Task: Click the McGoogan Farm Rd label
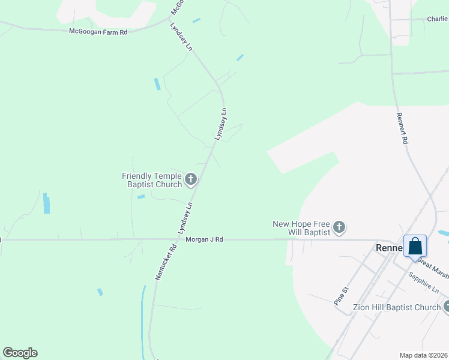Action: pos(98,31)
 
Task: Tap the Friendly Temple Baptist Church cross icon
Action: pos(191,178)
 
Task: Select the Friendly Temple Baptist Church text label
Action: pos(152,180)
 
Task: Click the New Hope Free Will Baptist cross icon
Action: pos(339,227)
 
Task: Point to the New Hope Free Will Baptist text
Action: pos(301,228)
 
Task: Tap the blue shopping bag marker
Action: pos(415,246)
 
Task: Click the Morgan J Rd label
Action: pos(204,239)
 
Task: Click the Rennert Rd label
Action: pos(402,129)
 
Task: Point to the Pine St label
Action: pos(341,296)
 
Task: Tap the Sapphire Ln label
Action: pos(424,283)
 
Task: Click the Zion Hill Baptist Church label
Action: pos(397,307)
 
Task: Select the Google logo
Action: pos(20,353)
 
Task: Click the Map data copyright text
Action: pos(423,355)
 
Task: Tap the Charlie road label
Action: pos(437,19)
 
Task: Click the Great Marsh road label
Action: pos(433,268)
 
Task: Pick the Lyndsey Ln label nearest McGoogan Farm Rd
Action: pos(181,37)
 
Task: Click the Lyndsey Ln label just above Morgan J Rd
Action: pos(185,218)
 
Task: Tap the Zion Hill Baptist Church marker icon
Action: pos(446,307)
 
